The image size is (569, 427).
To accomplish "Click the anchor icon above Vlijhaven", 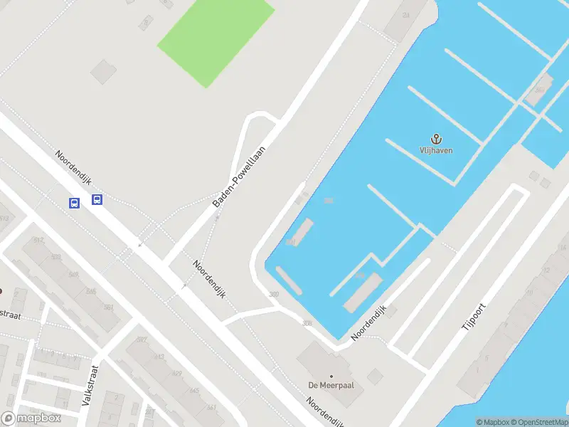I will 435,138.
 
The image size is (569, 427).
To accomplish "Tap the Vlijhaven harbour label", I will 435,150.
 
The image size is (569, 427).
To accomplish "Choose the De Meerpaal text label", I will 331,385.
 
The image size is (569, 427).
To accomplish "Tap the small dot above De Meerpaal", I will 331,375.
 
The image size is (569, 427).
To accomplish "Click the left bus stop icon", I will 74,203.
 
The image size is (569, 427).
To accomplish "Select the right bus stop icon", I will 97,200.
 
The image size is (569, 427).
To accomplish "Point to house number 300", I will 274,295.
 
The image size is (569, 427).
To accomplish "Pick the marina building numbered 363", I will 540,90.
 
